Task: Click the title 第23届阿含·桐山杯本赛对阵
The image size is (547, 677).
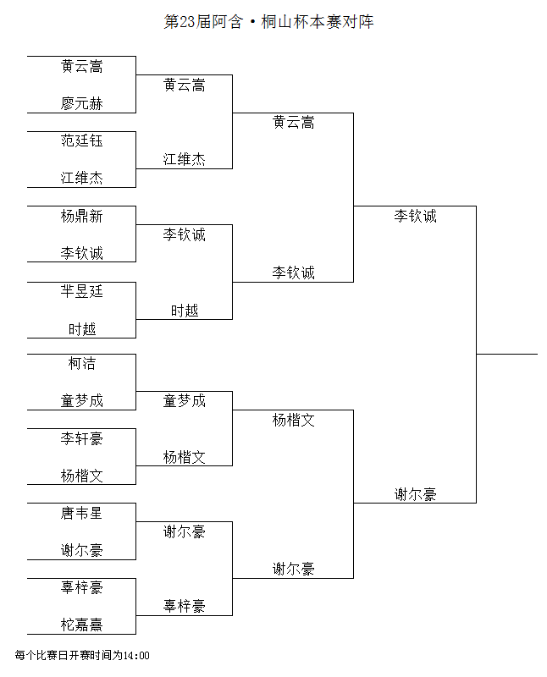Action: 268,22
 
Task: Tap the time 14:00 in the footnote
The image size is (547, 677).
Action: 136,655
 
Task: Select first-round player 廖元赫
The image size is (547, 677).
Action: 81,103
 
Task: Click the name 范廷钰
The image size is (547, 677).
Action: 81,140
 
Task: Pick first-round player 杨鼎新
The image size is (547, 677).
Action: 81,216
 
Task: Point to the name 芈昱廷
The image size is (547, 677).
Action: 81,291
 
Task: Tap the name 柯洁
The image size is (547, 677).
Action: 81,364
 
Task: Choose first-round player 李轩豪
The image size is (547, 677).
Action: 81,438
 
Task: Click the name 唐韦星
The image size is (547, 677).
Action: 81,513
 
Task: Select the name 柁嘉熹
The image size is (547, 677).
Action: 81,625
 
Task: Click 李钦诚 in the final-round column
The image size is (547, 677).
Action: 415,216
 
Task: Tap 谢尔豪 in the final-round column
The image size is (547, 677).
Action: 415,494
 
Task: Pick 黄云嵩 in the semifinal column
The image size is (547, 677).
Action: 293,123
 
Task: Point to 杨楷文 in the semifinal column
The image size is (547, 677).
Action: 293,420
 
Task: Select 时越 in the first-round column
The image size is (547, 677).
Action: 81,329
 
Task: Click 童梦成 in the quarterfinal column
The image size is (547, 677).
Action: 184,401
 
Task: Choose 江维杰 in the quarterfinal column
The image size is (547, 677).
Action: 184,160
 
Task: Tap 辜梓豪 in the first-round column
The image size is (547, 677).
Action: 81,587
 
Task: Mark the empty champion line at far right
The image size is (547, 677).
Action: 507,354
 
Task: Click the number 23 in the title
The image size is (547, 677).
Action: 187,22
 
